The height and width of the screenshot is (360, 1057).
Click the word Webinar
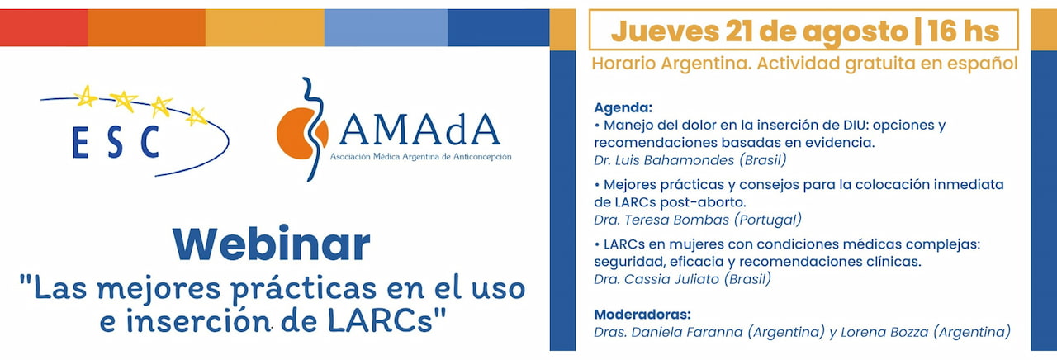(x=272, y=244)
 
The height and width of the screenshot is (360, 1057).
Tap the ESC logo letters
(x=116, y=142)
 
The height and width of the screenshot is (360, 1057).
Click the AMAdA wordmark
(x=419, y=130)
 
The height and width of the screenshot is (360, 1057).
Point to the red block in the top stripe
(x=44, y=28)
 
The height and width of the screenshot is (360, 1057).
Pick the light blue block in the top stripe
(x=386, y=28)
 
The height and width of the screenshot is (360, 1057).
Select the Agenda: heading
(x=623, y=107)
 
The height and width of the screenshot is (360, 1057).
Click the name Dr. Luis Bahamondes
(x=664, y=160)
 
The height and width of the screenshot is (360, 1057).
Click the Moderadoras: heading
(x=642, y=315)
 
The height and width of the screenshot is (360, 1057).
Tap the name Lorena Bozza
(x=884, y=332)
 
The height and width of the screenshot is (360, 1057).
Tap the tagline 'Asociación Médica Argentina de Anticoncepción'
(x=420, y=157)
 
